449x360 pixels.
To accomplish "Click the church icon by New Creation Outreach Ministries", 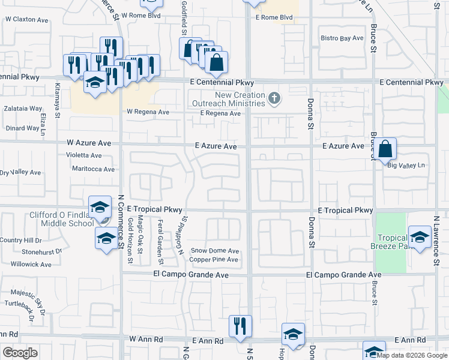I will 274,98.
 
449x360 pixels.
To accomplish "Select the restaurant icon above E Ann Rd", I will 241,326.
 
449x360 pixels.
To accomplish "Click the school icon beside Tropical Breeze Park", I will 419,236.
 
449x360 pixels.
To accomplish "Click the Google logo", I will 20,353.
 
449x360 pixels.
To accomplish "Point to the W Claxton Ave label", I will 26,20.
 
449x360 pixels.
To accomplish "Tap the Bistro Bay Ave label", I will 342,38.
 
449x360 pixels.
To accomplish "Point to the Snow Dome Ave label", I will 214,251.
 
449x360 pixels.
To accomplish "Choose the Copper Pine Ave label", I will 214,260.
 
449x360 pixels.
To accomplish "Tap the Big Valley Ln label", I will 406,166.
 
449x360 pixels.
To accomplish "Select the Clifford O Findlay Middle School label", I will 62,219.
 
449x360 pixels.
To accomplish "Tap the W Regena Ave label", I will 148,112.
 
